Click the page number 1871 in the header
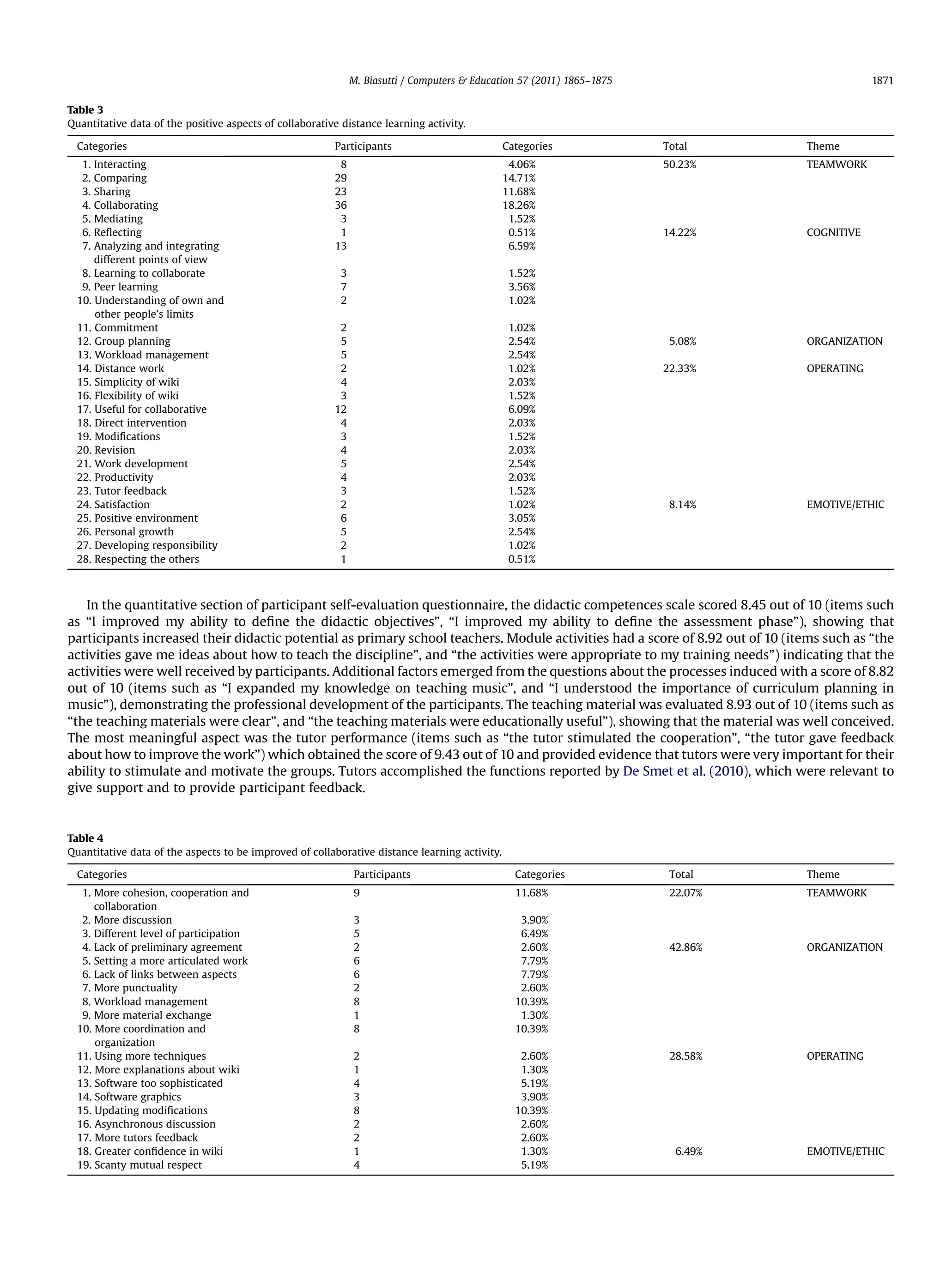882,80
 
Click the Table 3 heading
85,110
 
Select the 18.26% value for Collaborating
518,205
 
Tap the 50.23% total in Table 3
679,164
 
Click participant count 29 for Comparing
340,178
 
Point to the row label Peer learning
126,287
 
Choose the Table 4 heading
85,838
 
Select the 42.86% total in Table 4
685,947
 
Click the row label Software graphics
138,1097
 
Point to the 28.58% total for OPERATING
685,1056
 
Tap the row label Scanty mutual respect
148,1164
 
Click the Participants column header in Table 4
382,875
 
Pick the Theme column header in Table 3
822,146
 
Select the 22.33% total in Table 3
679,368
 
